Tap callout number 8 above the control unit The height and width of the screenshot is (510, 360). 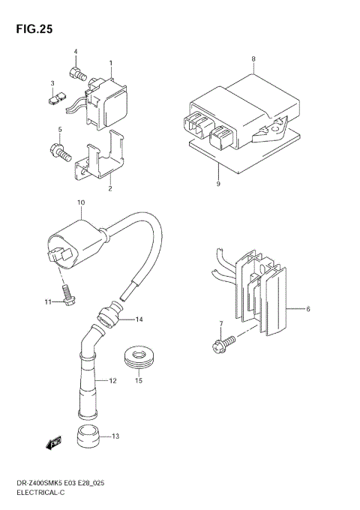[253, 58]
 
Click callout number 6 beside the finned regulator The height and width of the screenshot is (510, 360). [307, 308]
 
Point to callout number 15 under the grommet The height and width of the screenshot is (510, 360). [137, 381]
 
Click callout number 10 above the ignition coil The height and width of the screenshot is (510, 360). [81, 203]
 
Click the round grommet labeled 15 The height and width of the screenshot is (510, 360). [137, 356]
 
